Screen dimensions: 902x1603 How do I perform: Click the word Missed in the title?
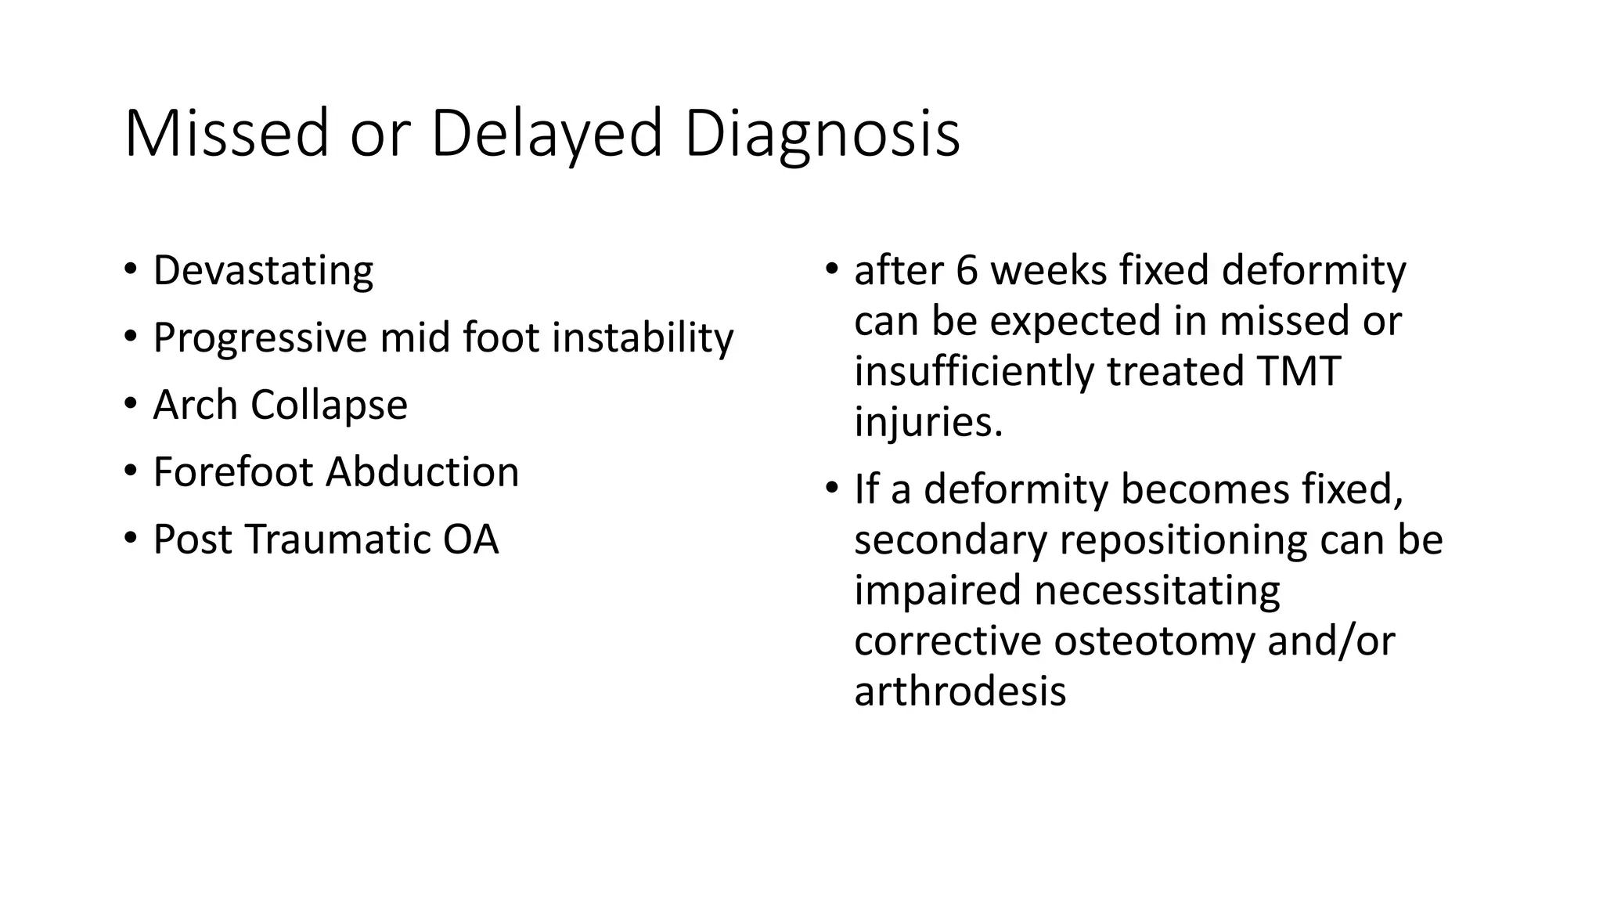pyautogui.click(x=226, y=134)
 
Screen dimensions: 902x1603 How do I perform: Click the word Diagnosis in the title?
pyautogui.click(x=822, y=134)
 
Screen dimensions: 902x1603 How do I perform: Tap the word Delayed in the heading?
pyautogui.click(x=547, y=134)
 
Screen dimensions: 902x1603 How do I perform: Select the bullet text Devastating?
pyautogui.click(x=263, y=271)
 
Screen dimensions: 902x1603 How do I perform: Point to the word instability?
pyautogui.click(x=643, y=338)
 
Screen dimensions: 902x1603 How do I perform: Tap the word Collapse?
pyautogui.click(x=329, y=406)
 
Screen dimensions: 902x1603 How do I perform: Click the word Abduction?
pyautogui.click(x=423, y=473)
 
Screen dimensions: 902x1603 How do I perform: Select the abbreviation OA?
pyautogui.click(x=470, y=540)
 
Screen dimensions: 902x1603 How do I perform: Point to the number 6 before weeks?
pyautogui.click(x=967, y=271)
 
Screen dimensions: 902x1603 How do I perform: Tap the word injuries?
pyautogui.click(x=928, y=423)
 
